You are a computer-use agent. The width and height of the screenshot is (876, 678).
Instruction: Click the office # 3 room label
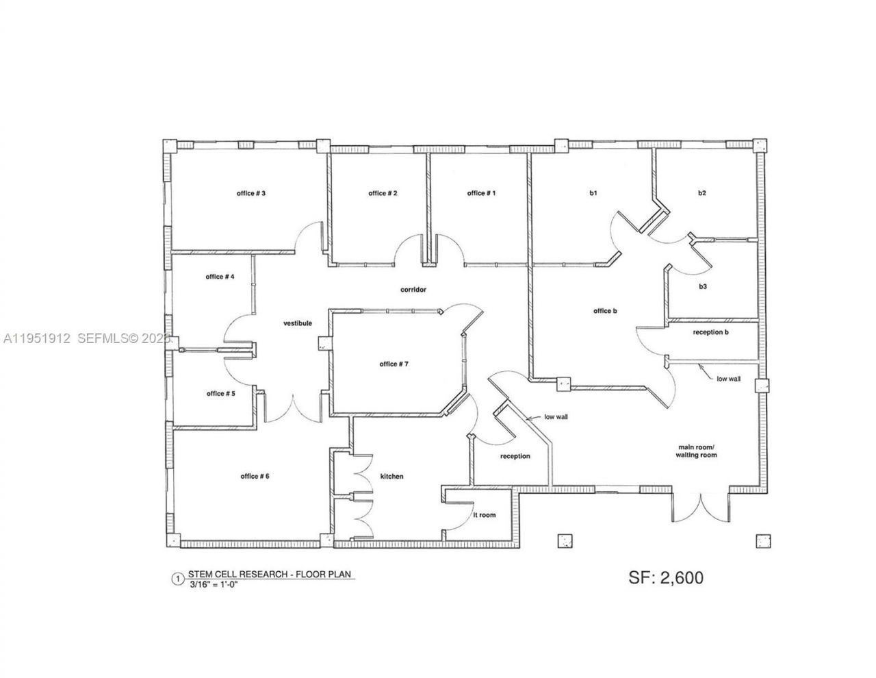pos(250,194)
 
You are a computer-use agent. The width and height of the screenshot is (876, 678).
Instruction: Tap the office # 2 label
pos(383,194)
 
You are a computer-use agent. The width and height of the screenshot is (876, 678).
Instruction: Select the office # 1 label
pos(481,194)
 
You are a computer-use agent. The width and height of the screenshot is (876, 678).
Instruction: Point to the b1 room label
pos(593,194)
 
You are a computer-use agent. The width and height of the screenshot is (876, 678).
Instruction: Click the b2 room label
pos(701,194)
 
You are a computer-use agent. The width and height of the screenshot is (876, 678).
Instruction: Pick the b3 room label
pos(702,286)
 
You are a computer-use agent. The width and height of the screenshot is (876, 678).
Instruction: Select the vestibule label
pos(298,323)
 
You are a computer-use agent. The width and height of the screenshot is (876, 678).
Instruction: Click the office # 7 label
pos(394,364)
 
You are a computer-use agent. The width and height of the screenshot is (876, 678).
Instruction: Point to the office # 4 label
pos(220,277)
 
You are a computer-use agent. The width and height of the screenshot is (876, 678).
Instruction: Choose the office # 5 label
pos(220,394)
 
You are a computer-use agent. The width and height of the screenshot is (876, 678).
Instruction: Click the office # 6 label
pos(255,476)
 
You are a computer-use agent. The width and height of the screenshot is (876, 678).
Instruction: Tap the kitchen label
pos(392,477)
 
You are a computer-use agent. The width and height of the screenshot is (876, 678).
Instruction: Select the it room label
pos(485,515)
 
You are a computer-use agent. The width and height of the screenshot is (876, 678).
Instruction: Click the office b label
pos(605,311)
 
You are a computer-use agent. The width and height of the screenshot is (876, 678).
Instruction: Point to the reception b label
pos(710,332)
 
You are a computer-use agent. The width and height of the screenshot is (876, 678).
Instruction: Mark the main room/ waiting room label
pos(696,451)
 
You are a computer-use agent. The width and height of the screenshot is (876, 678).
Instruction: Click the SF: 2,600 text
pos(665,577)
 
